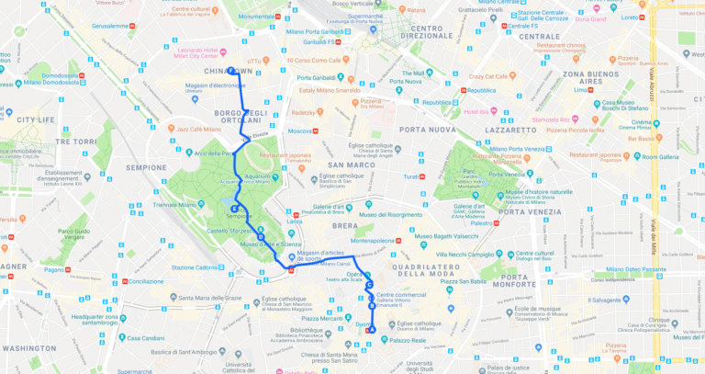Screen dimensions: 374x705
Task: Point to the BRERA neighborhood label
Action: (x=344, y=225)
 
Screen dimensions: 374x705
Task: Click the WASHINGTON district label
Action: (x=29, y=348)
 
